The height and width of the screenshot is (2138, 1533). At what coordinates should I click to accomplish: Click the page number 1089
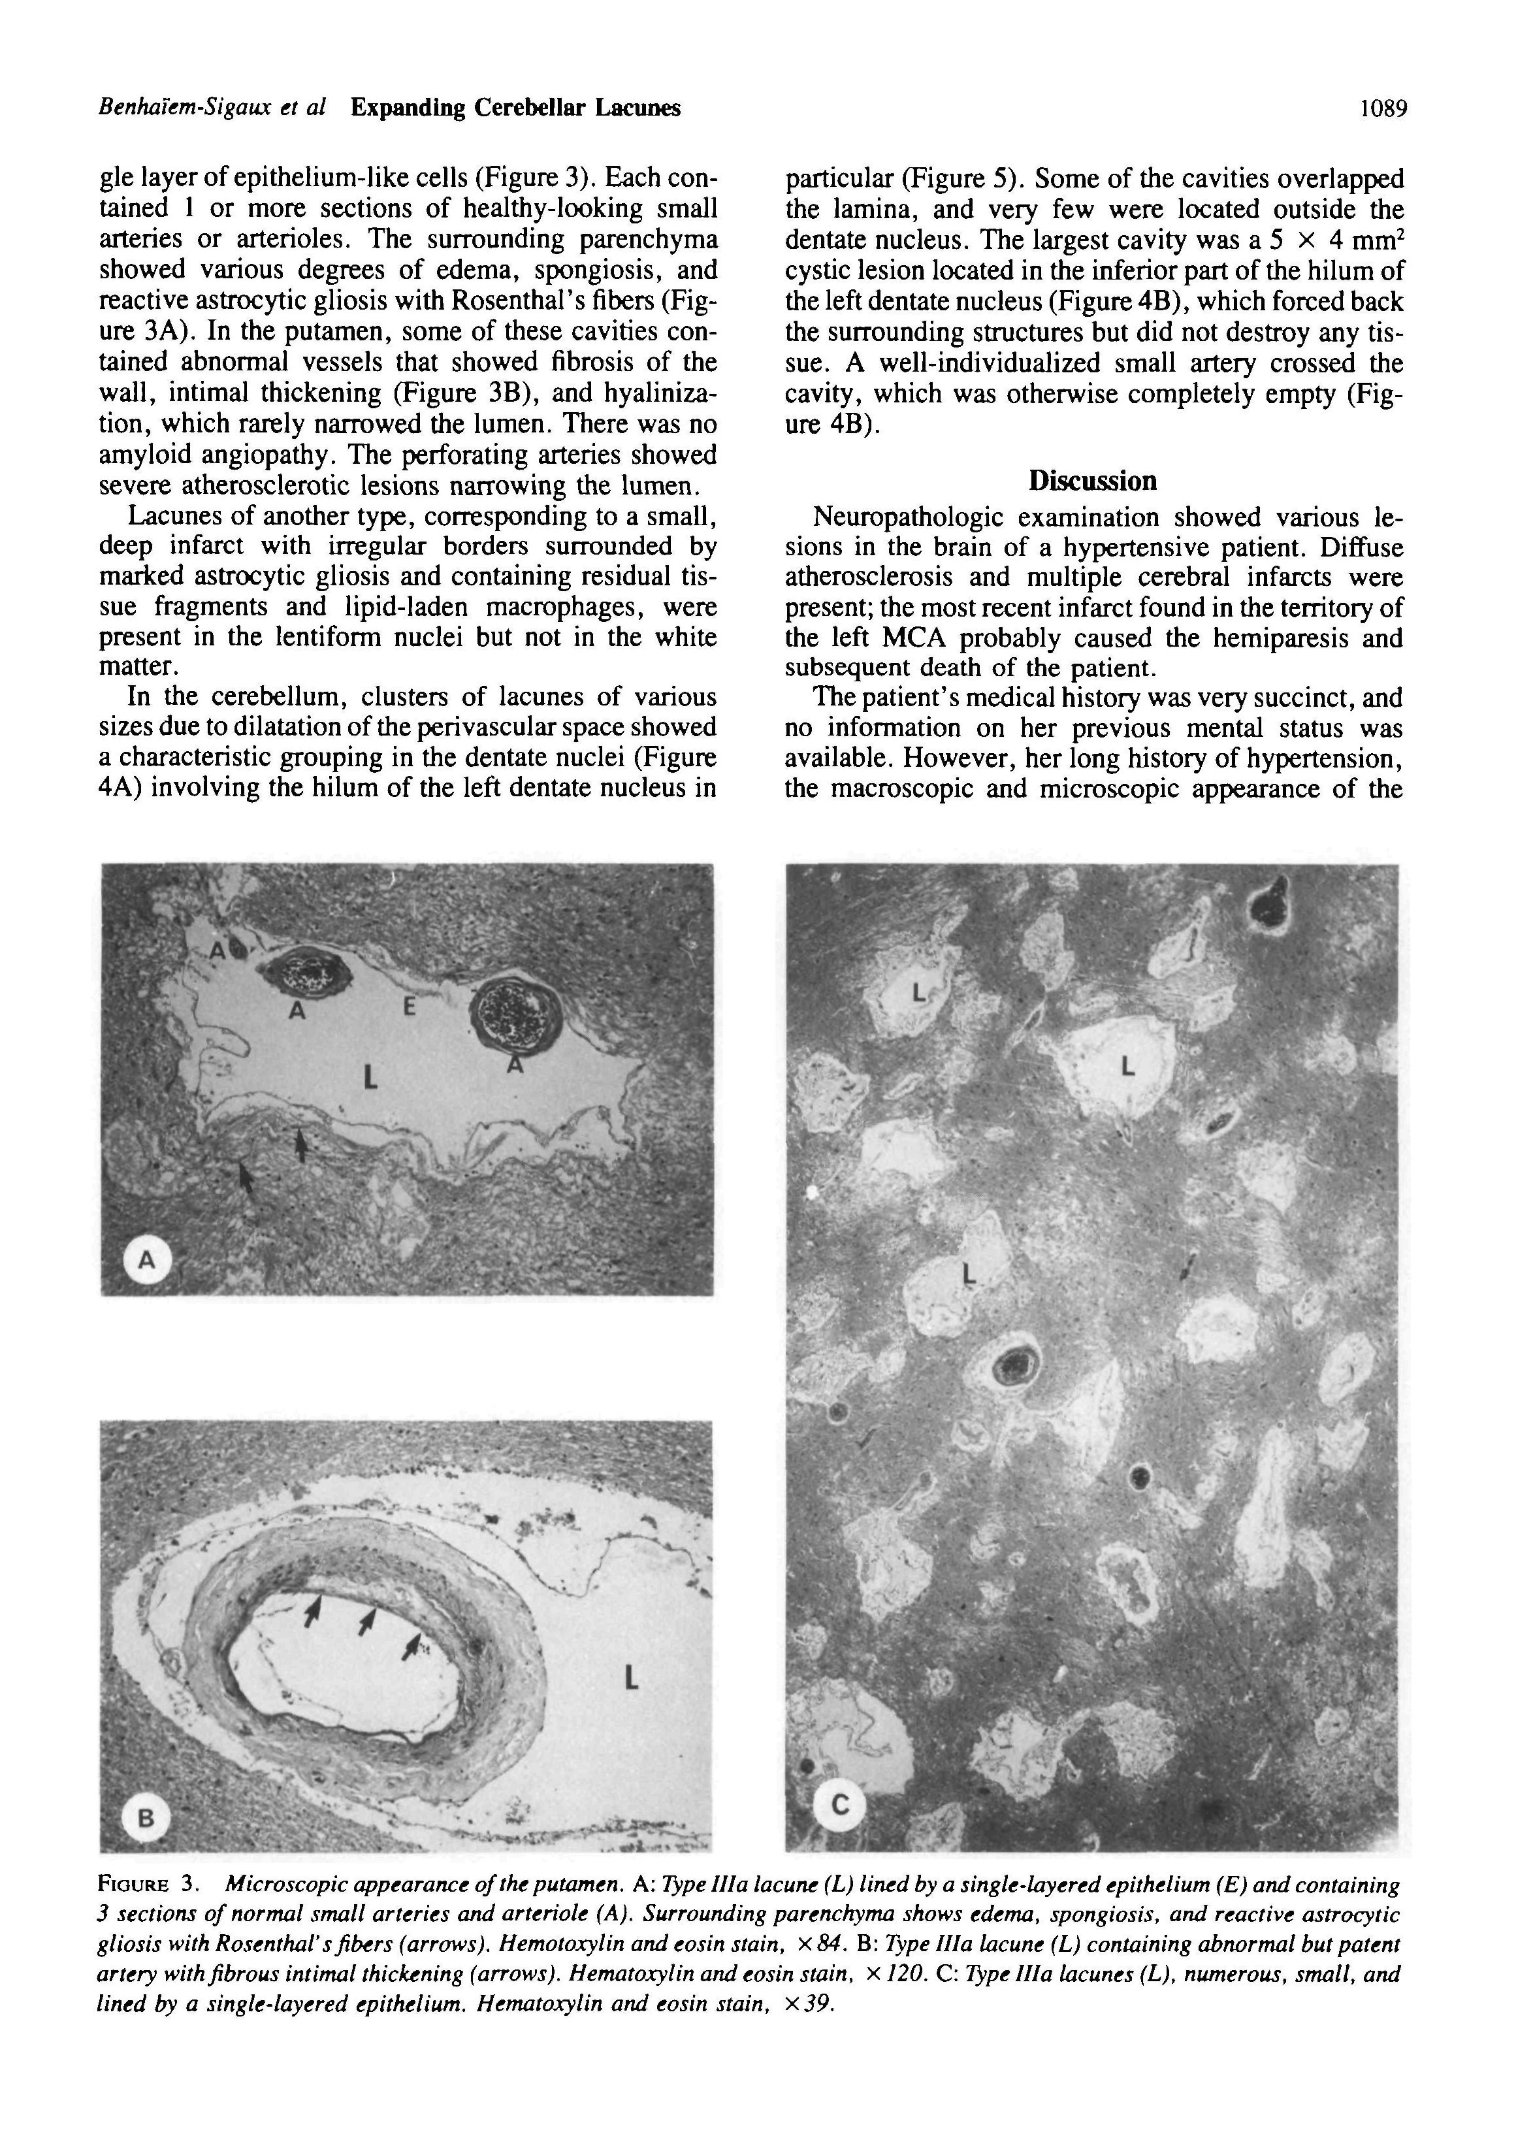1383,108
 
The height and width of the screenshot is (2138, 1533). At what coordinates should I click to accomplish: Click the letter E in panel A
408,1008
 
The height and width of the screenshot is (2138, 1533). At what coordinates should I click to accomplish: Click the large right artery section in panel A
516,1013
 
